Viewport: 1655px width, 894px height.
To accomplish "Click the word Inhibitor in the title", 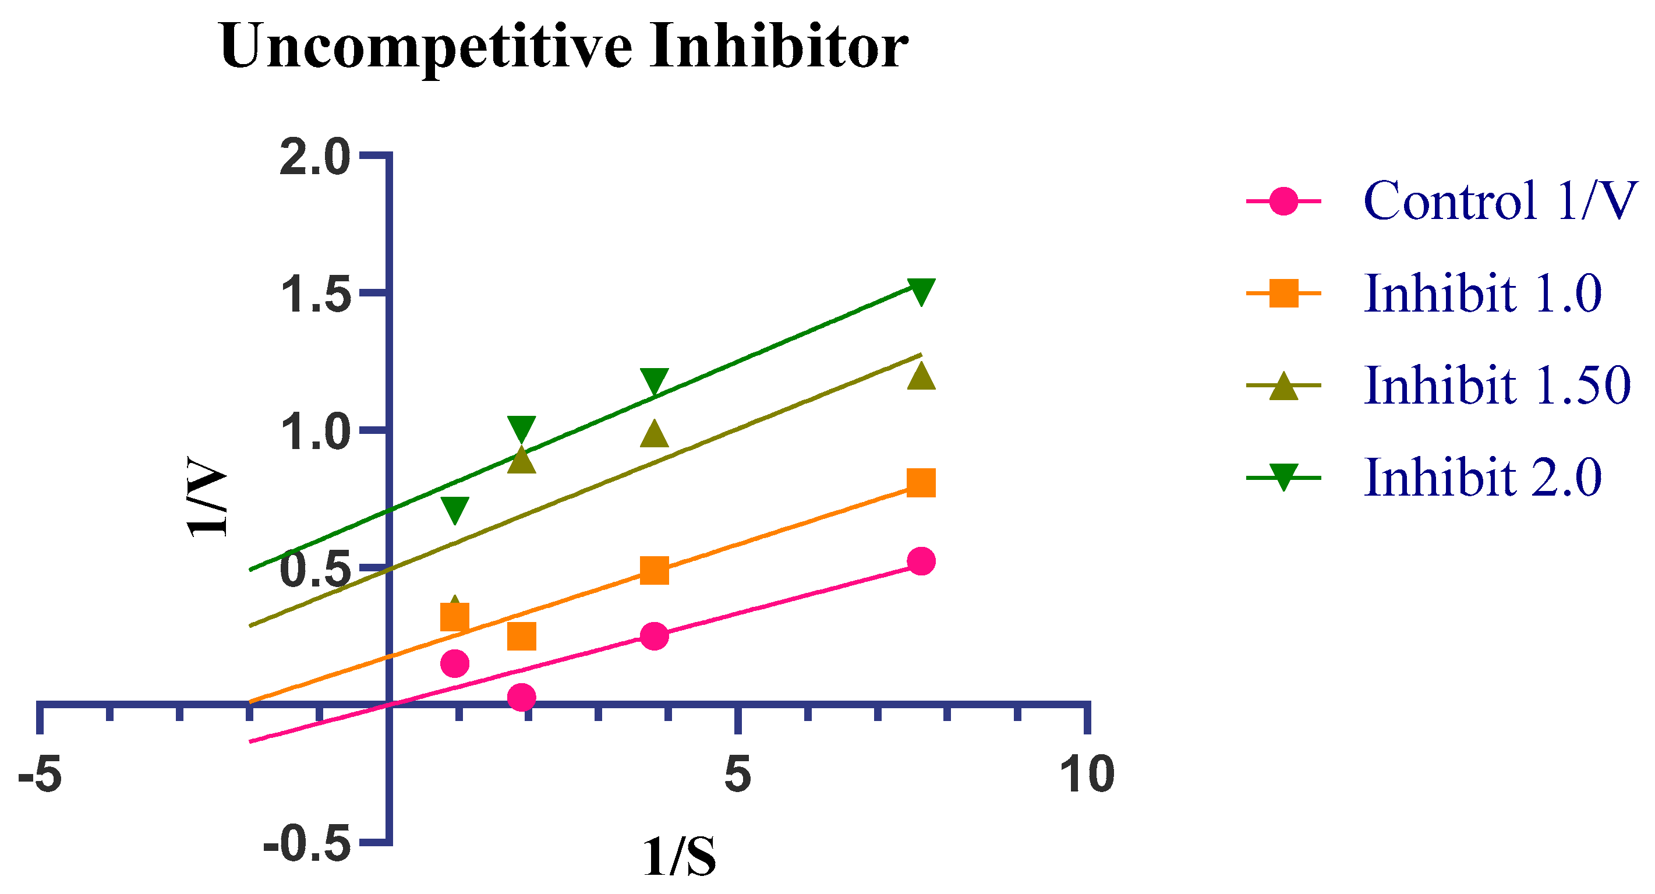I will point(778,46).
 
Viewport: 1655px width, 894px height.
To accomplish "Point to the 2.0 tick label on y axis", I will point(315,157).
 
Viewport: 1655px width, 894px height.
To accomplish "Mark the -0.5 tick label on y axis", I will point(306,844).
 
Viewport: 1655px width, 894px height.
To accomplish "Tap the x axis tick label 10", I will point(1087,774).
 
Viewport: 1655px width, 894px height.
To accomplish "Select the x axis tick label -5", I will point(40,774).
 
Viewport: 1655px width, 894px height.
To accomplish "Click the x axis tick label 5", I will point(738,774).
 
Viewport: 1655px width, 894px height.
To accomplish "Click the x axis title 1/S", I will point(679,857).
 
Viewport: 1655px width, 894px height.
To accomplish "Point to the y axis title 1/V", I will point(207,496).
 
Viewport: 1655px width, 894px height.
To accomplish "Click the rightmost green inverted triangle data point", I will point(921,291).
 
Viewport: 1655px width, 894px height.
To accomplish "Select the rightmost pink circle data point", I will point(921,561).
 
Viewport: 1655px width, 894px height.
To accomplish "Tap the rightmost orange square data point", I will point(921,483).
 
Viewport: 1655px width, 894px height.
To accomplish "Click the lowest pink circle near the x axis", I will point(521,697).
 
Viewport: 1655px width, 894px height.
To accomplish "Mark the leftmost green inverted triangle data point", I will point(454,510).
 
